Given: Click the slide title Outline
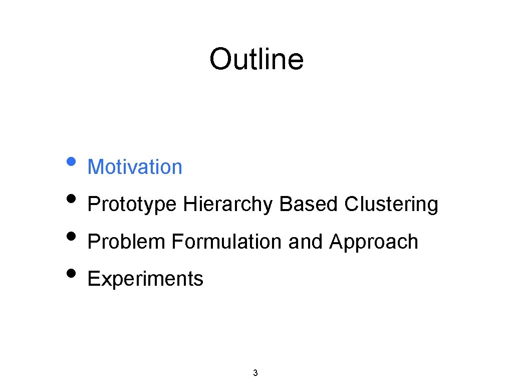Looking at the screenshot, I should click(x=256, y=59).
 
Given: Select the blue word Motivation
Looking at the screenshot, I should click(x=135, y=167).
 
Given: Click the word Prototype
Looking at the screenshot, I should click(x=132, y=205).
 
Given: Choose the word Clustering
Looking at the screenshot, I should click(x=391, y=205).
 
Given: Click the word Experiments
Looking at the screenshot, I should click(x=145, y=279).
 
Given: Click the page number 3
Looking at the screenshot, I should click(x=255, y=372).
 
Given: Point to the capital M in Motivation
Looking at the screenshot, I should click(x=94, y=167).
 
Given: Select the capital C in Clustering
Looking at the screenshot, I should click(x=351, y=205).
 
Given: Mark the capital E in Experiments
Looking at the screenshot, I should click(x=93, y=279).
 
